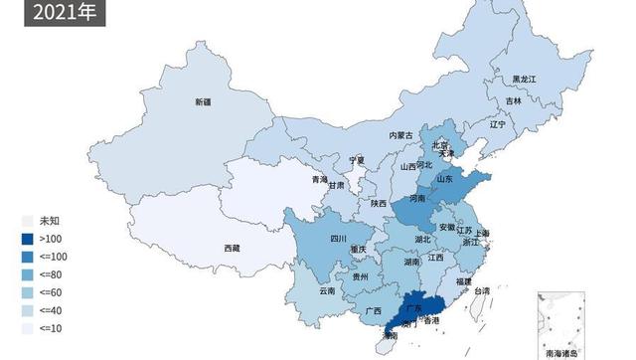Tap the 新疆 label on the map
click(x=203, y=102)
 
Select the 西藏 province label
click(x=231, y=248)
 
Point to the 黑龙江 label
click(x=523, y=79)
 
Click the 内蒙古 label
click(x=399, y=134)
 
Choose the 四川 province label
click(x=338, y=239)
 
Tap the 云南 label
click(x=328, y=291)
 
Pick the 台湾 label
click(x=481, y=290)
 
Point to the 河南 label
click(x=415, y=199)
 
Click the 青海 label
click(x=319, y=180)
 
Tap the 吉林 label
click(x=513, y=100)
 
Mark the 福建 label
click(x=463, y=281)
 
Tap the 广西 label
click(x=374, y=311)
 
